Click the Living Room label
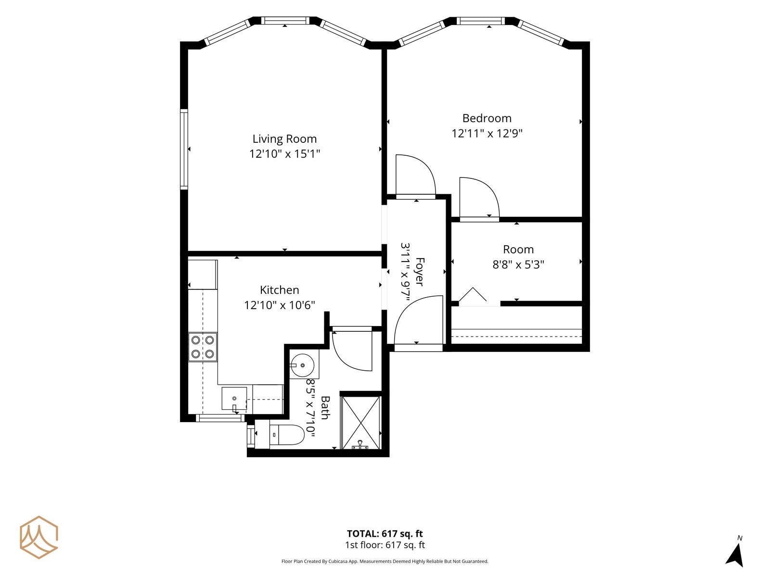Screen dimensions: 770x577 pyautogui.click(x=284, y=139)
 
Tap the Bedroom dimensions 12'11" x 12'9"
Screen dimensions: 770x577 pyautogui.click(x=487, y=134)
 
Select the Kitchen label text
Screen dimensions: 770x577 pyautogui.click(x=279, y=290)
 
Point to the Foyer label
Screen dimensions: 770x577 pyautogui.click(x=420, y=272)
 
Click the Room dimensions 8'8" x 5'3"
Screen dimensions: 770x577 pyautogui.click(x=518, y=264)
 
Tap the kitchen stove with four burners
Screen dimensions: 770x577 pyautogui.click(x=203, y=347)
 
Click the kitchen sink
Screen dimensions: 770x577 pyautogui.click(x=234, y=398)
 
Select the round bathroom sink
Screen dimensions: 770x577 pyautogui.click(x=302, y=365)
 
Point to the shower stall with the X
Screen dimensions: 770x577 pyautogui.click(x=360, y=423)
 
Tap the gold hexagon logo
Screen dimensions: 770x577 pyautogui.click(x=39, y=537)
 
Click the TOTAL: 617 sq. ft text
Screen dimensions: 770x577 pyautogui.click(x=385, y=534)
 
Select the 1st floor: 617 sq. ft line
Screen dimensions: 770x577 pyautogui.click(x=385, y=545)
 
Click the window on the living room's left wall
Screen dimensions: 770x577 pyautogui.click(x=184, y=149)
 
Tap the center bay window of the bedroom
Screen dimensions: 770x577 pyautogui.click(x=481, y=21)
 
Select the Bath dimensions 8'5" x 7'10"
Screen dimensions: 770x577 pyautogui.click(x=310, y=408)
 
